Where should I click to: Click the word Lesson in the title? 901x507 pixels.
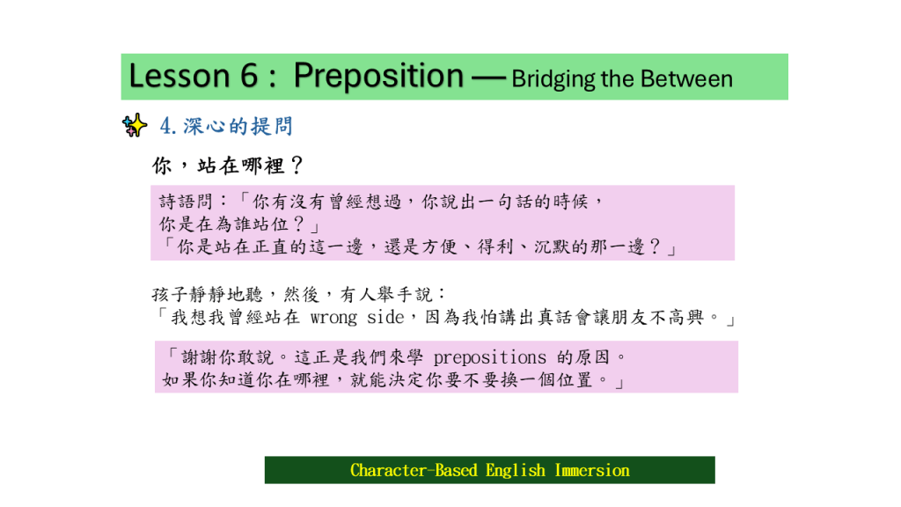pyautogui.click(x=179, y=76)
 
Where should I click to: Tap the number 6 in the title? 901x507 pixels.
pyautogui.click(x=249, y=76)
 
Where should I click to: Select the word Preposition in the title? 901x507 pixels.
pyautogui.click(x=378, y=77)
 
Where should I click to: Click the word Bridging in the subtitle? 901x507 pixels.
pyautogui.click(x=553, y=79)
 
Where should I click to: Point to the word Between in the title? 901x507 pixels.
pyautogui.click(x=686, y=78)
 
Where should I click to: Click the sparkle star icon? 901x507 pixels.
pyautogui.click(x=135, y=125)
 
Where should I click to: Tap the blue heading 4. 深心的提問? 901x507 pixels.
pyautogui.click(x=226, y=126)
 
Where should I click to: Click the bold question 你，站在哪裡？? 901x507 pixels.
pyautogui.click(x=228, y=165)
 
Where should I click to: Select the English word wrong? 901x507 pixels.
pyautogui.click(x=333, y=317)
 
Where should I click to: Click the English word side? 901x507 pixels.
pyautogui.click(x=385, y=317)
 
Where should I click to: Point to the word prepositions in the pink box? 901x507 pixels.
pyautogui.click(x=489, y=358)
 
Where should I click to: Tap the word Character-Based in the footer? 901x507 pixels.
pyautogui.click(x=414, y=470)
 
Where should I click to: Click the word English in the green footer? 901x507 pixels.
pyautogui.click(x=516, y=471)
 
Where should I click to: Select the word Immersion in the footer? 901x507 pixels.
pyautogui.click(x=592, y=470)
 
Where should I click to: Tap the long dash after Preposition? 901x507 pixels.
pyautogui.click(x=488, y=78)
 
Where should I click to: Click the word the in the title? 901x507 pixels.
pyautogui.click(x=618, y=78)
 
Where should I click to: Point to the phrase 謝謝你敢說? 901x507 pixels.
pyautogui.click(x=228, y=357)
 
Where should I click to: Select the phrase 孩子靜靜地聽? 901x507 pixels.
pyautogui.click(x=208, y=295)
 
